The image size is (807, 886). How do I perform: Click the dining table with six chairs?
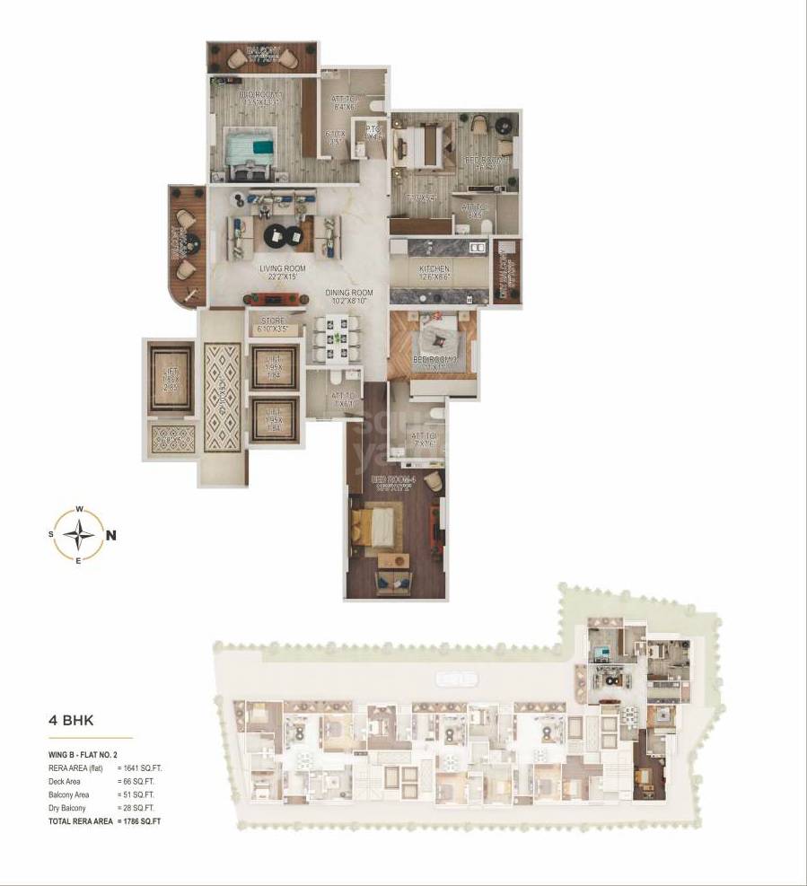pos(337,339)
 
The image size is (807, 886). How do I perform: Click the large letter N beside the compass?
pos(111,536)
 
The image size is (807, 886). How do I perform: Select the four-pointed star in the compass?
pos(80,536)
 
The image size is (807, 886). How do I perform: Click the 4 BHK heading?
pos(71,720)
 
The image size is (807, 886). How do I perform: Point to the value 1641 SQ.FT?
pos(142,769)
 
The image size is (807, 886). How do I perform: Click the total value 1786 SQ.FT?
pos(142,820)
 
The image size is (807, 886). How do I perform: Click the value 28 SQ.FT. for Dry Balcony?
pos(140,808)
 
